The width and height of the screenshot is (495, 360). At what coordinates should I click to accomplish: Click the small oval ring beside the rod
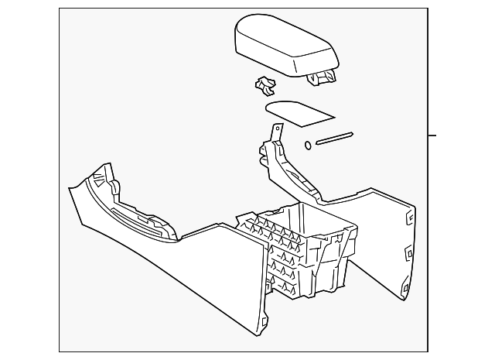click(308, 145)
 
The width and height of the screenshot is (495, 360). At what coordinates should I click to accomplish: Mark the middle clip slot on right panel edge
click(405, 252)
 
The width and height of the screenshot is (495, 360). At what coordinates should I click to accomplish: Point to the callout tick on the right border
click(433, 135)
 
